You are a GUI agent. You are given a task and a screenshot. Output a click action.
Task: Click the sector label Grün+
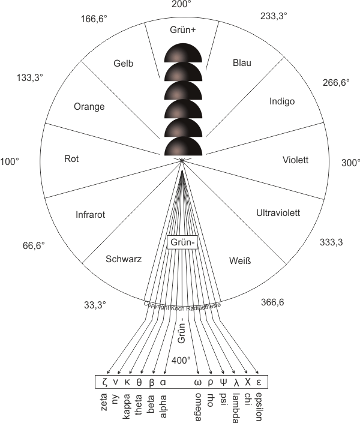pos(182,29)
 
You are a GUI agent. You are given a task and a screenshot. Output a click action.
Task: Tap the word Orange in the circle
pos(89,107)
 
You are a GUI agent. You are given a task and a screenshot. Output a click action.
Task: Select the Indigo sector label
pos(282,101)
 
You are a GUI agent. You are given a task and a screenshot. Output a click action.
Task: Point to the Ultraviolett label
pos(278,213)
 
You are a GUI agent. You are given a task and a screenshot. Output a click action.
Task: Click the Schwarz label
pos(124,259)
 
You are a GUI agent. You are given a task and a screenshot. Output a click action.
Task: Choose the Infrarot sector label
pos(90,215)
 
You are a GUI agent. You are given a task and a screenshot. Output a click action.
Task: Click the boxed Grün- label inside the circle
pos(182,242)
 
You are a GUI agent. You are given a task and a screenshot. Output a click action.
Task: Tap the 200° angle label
pos(181,4)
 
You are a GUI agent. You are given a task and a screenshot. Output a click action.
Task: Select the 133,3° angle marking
pos(29,77)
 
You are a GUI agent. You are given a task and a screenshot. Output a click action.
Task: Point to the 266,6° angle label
pos(336,82)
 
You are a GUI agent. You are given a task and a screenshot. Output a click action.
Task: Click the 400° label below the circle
pos(181,361)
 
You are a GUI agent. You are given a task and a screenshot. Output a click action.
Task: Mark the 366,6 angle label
pos(272,302)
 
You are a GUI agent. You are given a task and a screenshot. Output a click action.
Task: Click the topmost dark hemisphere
pos(183,53)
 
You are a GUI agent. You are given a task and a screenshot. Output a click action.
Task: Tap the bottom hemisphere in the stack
pos(183,146)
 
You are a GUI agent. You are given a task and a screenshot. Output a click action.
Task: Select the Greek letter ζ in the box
pos(105,382)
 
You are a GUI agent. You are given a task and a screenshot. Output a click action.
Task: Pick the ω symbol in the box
pos(198,383)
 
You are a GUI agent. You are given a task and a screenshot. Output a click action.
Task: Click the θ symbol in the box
pos(139,382)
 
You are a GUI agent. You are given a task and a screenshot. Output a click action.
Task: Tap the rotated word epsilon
pos(259,407)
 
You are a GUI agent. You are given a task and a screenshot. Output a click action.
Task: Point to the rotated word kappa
pos(127,407)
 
